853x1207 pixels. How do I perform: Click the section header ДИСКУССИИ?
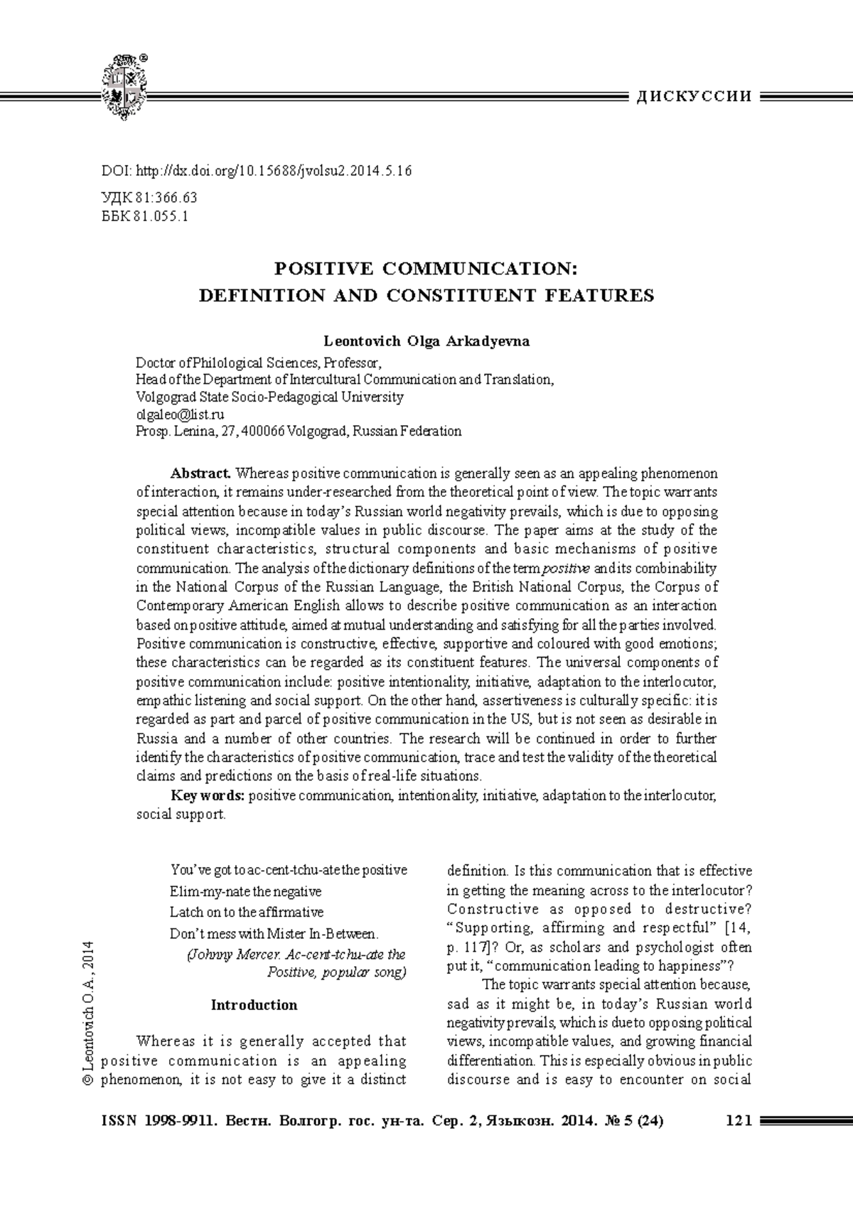tap(694, 97)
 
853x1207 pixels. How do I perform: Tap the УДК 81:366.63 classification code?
tap(150, 198)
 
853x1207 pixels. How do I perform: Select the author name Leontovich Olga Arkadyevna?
tap(426, 341)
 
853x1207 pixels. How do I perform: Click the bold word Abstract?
tap(200, 473)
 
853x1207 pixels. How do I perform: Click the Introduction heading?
tap(254, 1005)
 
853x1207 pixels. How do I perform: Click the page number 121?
tap(739, 1122)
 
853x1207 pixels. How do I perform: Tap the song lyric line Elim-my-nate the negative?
tap(245, 891)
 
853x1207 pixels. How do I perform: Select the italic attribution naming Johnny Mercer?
tap(296, 955)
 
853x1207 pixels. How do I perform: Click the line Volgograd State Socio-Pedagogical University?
tap(269, 397)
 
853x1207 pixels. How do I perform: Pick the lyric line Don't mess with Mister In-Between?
tap(274, 933)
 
